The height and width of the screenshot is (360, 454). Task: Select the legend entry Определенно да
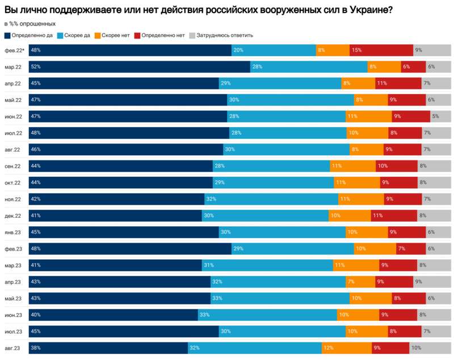tap(32, 35)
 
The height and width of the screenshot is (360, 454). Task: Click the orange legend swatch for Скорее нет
tap(98, 35)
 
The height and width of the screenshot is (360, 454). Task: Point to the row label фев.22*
tap(14, 50)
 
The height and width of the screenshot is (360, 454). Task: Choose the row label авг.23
tap(13, 348)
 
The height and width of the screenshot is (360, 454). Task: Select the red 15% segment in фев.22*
tap(381, 50)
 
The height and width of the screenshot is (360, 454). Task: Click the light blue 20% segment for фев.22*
tap(273, 50)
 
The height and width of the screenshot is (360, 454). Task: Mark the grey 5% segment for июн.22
tap(440, 116)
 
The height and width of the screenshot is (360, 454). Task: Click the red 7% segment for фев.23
tap(411, 249)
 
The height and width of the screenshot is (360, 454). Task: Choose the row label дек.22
tap(13, 215)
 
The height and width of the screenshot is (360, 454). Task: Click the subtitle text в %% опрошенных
tap(30, 24)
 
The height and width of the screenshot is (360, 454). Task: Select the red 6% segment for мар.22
tap(413, 67)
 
